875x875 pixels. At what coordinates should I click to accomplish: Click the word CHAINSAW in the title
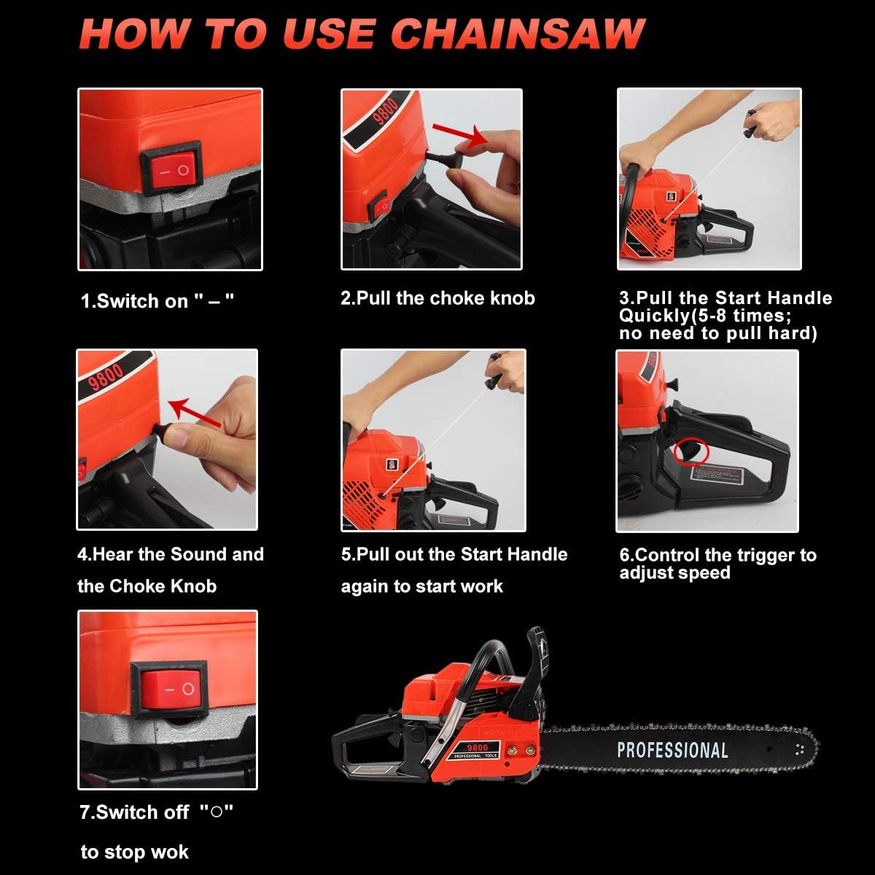pyautogui.click(x=518, y=33)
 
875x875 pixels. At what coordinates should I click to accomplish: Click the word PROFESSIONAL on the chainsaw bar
pyautogui.click(x=672, y=750)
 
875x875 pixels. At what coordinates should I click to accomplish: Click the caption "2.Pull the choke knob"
pyautogui.click(x=437, y=298)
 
